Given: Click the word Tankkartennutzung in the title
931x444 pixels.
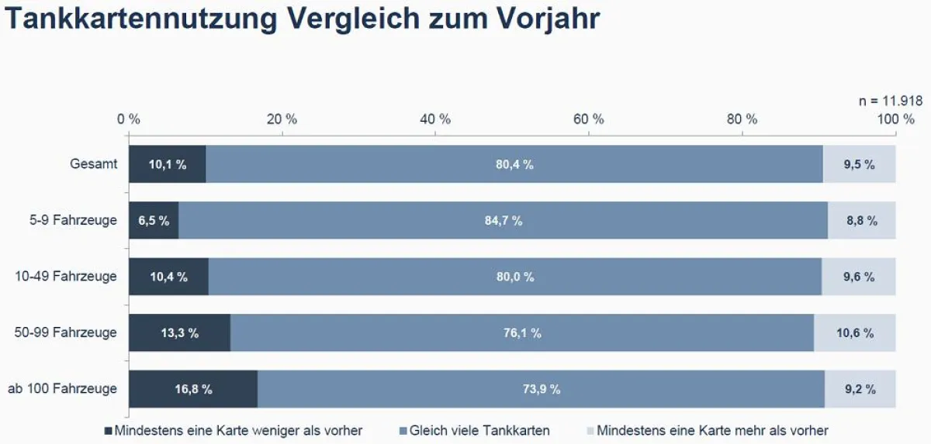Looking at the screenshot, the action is click(x=141, y=19).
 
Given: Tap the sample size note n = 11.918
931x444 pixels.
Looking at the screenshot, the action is click(x=891, y=101).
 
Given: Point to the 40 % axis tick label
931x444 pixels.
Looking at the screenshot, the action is click(x=435, y=119).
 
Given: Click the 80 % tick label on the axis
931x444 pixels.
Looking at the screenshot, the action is click(x=742, y=119).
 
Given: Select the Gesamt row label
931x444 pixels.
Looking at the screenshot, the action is click(x=94, y=164).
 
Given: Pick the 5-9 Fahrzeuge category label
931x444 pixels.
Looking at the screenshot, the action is click(x=73, y=220).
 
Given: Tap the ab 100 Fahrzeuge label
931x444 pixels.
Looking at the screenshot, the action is click(x=62, y=389).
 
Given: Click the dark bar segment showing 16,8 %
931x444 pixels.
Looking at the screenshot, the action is click(x=193, y=389).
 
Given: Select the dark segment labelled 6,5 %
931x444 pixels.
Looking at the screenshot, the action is click(x=154, y=220).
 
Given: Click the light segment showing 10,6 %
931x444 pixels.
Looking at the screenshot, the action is click(x=855, y=332).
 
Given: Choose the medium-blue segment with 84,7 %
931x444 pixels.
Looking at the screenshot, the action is click(x=504, y=220).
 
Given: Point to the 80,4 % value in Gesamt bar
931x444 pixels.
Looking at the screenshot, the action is click(x=514, y=164).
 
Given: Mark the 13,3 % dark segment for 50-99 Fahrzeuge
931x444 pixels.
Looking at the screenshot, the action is click(x=180, y=332).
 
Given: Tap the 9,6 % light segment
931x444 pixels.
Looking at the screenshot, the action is click(x=859, y=277).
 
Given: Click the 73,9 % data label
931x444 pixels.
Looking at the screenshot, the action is click(x=542, y=389).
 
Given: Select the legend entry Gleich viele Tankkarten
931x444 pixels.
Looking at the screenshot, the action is click(x=474, y=431).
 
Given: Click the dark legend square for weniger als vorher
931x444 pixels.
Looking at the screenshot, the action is click(x=108, y=431).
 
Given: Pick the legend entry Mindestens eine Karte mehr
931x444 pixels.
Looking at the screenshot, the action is click(x=708, y=431).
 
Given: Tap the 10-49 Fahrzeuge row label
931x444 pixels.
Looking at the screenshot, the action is click(x=66, y=277).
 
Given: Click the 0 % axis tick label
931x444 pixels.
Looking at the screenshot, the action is click(x=129, y=119).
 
